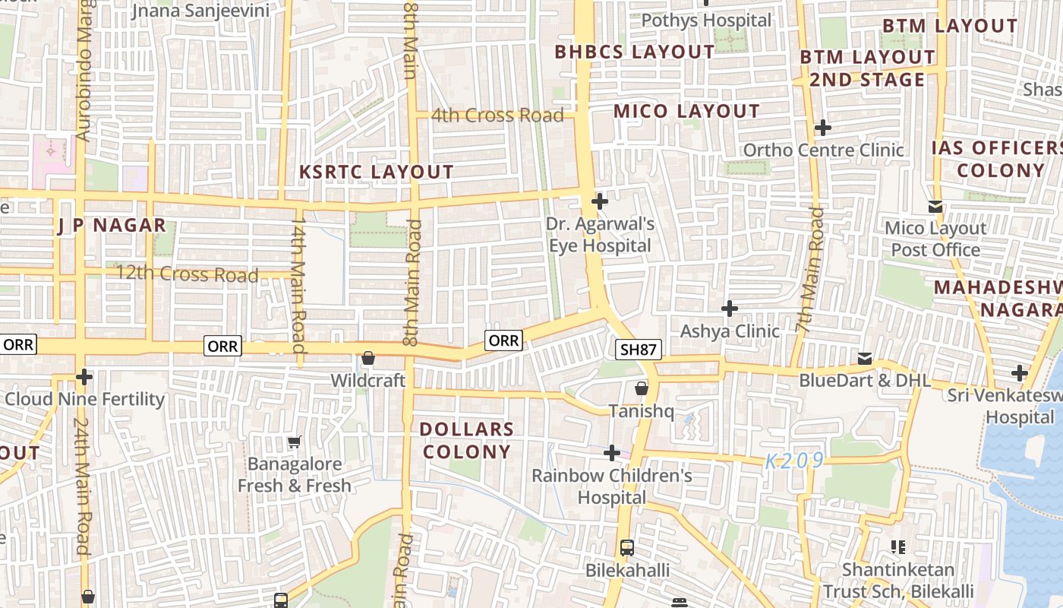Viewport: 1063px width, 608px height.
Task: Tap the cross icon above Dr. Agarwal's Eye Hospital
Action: click(600, 201)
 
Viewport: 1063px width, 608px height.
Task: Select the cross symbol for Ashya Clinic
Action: click(730, 309)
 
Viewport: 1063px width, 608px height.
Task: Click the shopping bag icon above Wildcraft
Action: click(368, 357)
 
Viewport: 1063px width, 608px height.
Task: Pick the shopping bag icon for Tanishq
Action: click(642, 388)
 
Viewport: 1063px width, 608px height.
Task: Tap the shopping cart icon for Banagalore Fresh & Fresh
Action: click(294, 442)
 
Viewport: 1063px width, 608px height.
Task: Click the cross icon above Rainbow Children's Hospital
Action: click(611, 453)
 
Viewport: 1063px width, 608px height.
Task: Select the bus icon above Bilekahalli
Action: click(627, 547)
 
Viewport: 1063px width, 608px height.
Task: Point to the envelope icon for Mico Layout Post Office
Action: click(935, 206)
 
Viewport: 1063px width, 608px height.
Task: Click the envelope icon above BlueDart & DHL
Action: click(865, 358)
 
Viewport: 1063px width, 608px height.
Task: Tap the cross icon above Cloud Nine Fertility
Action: click(84, 377)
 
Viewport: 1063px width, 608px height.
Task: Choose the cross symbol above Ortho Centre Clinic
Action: click(822, 128)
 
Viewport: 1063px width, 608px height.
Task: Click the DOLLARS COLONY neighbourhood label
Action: click(467, 440)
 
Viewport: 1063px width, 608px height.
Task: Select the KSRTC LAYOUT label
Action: click(377, 172)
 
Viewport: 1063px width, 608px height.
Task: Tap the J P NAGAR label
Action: click(112, 225)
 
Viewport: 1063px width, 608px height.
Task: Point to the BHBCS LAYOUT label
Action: click(635, 52)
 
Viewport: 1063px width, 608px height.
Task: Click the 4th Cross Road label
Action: click(497, 116)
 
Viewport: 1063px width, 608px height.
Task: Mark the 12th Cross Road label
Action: click(187, 274)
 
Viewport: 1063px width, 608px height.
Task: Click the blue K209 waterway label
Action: click(794, 461)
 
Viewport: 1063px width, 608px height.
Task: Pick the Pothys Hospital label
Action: click(706, 20)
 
